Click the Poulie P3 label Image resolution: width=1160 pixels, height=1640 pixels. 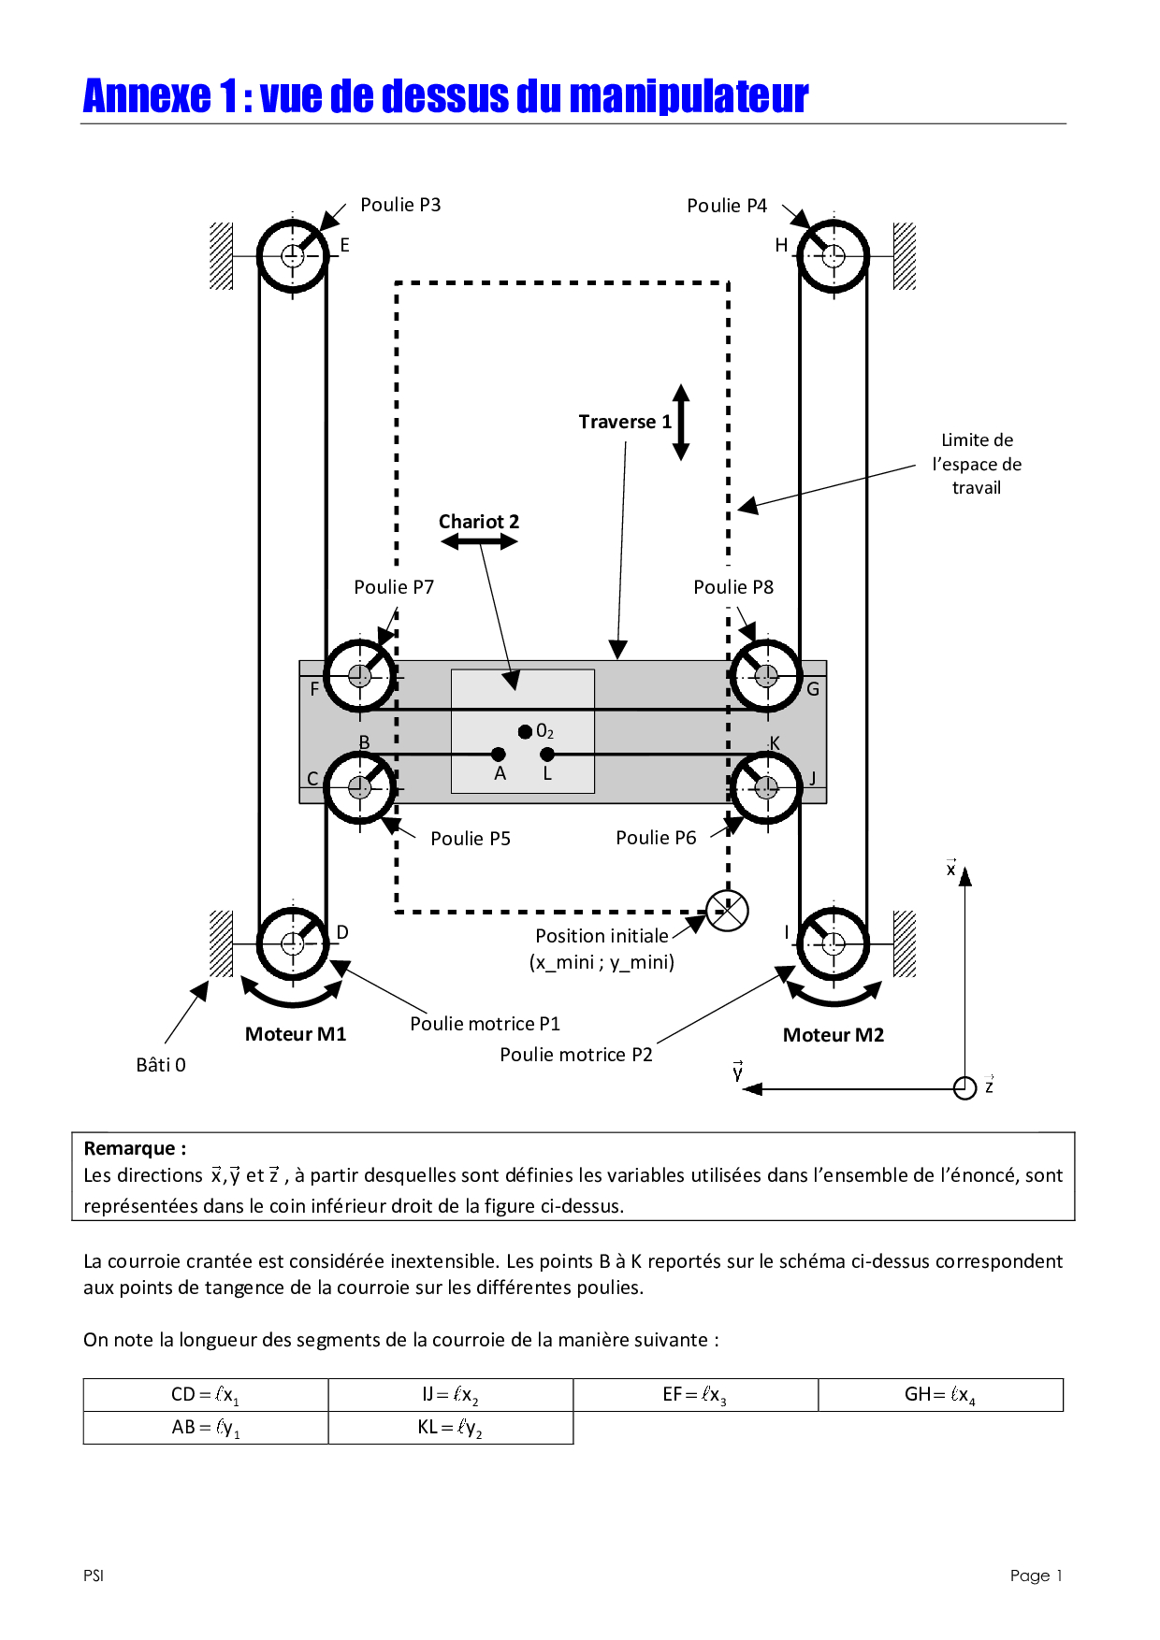[400, 205]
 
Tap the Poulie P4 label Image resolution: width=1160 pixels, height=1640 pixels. [727, 206]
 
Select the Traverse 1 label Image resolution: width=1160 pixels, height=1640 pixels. [625, 422]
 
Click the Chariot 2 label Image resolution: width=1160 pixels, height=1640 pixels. [479, 522]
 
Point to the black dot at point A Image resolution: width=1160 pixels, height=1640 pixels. [498, 755]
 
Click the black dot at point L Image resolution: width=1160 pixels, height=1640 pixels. [547, 755]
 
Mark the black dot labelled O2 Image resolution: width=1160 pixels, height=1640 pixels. [526, 731]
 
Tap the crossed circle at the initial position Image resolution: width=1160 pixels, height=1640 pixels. [727, 911]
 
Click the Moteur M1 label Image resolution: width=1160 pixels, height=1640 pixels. [296, 1034]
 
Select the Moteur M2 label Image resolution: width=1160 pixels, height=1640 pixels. [834, 1035]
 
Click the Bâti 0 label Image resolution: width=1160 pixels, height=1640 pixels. [161, 1065]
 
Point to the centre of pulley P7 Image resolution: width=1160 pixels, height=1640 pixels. [360, 676]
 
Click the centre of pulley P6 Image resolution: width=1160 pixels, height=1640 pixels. [766, 787]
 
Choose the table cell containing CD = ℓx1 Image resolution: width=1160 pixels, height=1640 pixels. [206, 1395]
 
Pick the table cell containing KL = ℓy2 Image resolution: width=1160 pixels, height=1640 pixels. [451, 1428]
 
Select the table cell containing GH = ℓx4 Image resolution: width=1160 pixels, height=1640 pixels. [941, 1395]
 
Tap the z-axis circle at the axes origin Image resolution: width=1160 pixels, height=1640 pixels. [964, 1088]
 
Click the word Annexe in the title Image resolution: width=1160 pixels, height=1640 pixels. [147, 96]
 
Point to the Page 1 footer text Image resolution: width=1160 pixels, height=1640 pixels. [1037, 1575]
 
